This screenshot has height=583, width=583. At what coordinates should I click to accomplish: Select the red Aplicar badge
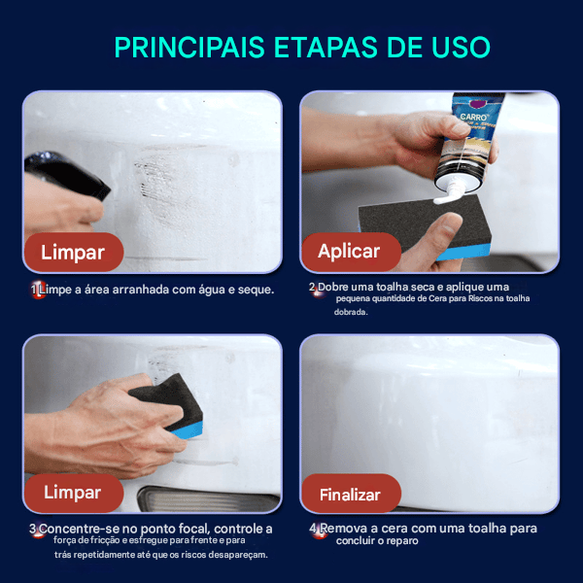click(x=349, y=252)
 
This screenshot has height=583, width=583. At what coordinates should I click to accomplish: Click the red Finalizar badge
click(x=350, y=494)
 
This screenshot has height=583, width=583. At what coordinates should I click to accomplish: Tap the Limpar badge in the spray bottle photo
click(x=72, y=253)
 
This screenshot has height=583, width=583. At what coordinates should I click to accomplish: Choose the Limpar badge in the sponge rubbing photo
click(x=72, y=493)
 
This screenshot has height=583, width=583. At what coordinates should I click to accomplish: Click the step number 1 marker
click(x=36, y=290)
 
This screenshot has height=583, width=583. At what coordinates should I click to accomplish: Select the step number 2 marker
click(x=314, y=288)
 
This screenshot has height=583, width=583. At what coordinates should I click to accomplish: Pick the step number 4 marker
click(x=315, y=530)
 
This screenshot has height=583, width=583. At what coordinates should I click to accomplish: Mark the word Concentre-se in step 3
click(x=81, y=529)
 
